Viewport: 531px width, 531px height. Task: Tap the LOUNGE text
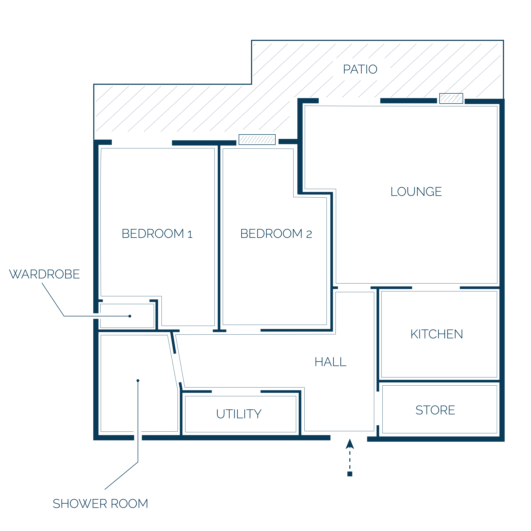[x=416, y=192]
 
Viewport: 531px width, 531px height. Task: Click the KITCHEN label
[x=437, y=334]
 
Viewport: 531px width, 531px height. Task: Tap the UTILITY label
[x=239, y=414]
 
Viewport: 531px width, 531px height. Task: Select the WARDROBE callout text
[x=45, y=274]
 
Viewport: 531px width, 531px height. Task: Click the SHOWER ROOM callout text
[x=100, y=504]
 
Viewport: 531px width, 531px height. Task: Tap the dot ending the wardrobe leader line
[x=130, y=316]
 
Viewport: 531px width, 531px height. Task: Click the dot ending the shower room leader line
[x=138, y=381]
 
